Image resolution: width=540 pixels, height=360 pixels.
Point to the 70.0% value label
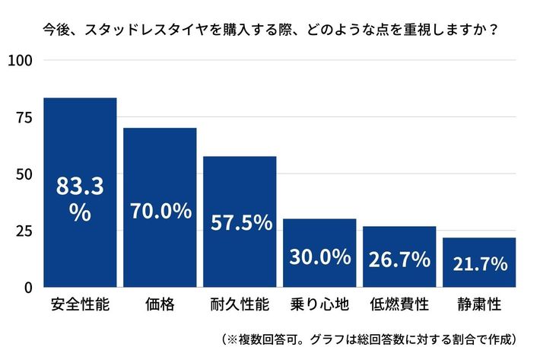(x=160, y=211)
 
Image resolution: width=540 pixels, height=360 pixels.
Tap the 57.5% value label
(x=240, y=222)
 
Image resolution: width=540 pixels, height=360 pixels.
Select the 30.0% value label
(x=319, y=256)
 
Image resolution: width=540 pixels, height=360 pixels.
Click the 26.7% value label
(x=399, y=260)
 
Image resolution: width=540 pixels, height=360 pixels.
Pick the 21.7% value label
(x=479, y=264)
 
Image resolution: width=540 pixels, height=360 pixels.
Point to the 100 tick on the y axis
(x=21, y=61)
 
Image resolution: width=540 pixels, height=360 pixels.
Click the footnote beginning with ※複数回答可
(x=370, y=338)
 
